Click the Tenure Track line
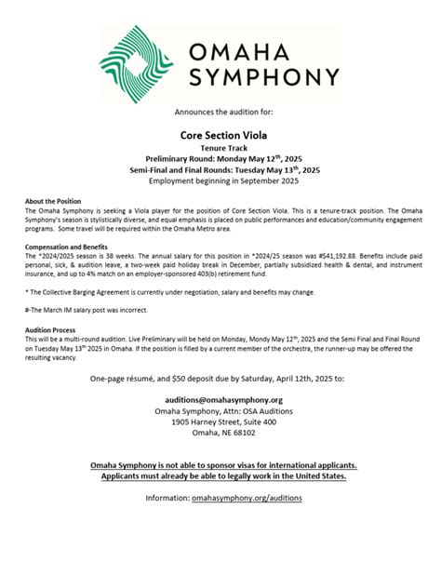coord(220,147)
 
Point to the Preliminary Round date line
coord(220,158)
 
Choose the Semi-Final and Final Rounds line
coord(220,169)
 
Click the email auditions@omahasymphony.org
coord(220,400)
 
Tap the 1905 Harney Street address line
coord(220,421)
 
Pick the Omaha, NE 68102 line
coord(220,432)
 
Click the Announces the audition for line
coord(220,112)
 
